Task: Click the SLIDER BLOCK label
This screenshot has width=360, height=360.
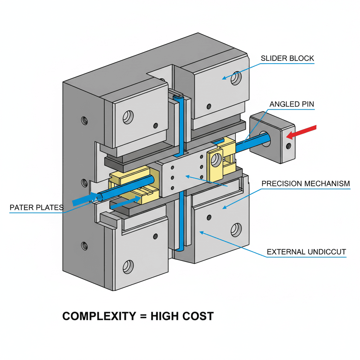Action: pos(287,58)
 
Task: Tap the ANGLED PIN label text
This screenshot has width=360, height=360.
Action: pos(292,104)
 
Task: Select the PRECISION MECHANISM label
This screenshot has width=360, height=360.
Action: pos(306,184)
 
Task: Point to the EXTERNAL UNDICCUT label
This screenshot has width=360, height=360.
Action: pos(306,252)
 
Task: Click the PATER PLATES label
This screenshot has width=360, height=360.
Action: pos(37,207)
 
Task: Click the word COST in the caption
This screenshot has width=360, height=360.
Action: pos(198,316)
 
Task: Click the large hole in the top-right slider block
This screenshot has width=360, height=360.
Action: pos(236,78)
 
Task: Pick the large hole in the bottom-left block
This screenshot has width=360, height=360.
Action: pos(128,267)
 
